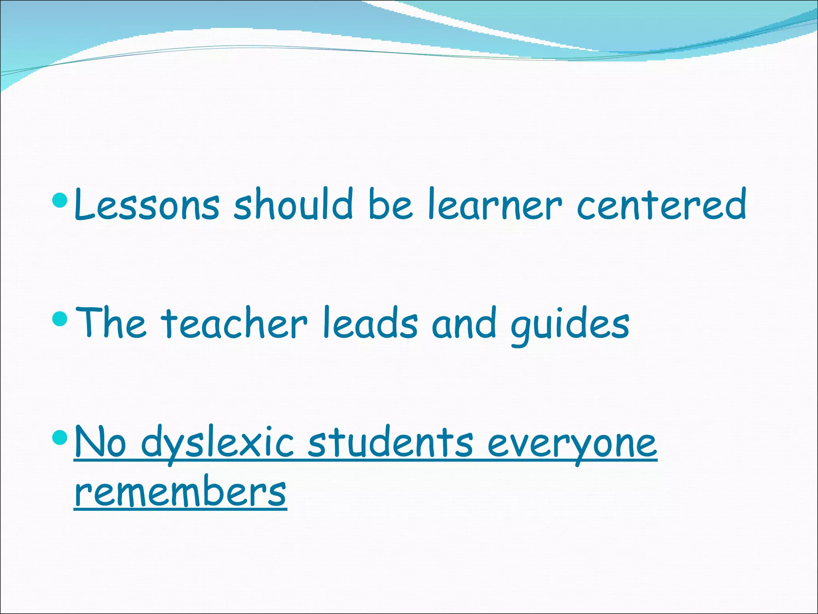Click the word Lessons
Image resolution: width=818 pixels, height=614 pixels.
click(147, 205)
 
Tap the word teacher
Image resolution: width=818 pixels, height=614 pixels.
click(234, 323)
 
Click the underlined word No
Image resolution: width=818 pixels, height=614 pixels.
click(100, 442)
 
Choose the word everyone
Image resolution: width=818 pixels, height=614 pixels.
click(572, 445)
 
